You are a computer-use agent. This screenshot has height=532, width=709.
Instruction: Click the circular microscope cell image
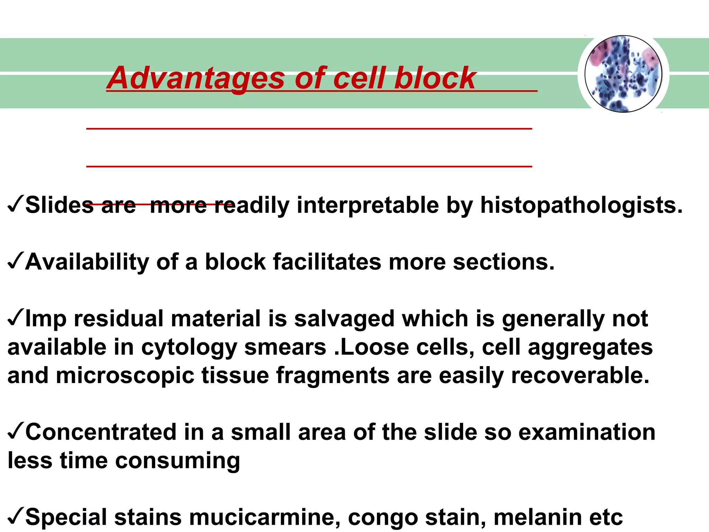point(623,74)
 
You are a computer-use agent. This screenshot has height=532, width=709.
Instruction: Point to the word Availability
point(87,262)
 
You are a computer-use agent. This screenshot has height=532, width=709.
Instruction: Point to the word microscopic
point(125,376)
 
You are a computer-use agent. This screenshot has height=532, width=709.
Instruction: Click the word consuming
point(177,461)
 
